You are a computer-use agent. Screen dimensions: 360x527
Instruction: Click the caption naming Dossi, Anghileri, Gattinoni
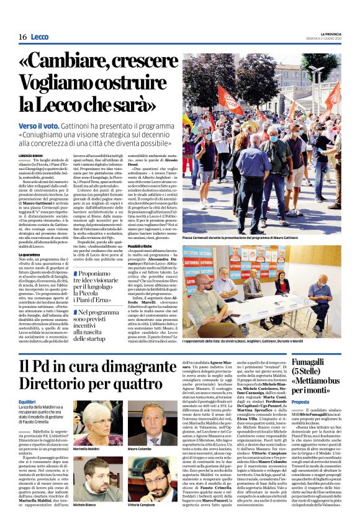(x=248, y=342)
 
